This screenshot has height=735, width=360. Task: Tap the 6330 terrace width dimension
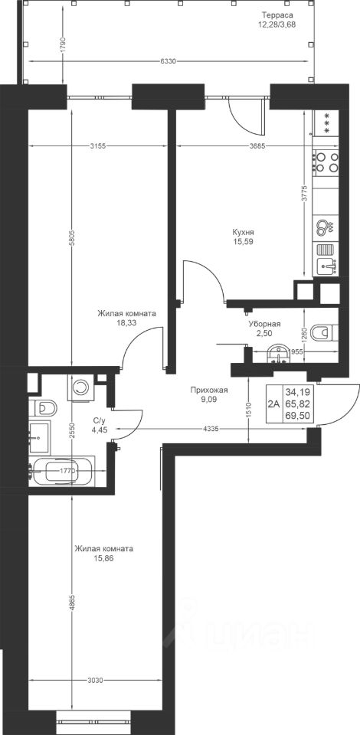tap(168, 61)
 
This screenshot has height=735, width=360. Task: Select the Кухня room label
tap(244, 233)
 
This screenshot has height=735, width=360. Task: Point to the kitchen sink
tap(327, 266)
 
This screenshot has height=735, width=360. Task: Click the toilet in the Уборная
tap(324, 332)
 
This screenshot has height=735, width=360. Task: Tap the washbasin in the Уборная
tap(279, 354)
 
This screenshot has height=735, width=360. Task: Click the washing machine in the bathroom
tap(81, 387)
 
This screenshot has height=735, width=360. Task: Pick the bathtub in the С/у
tap(62, 469)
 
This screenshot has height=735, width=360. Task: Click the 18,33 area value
tap(126, 322)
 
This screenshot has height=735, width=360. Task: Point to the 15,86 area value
tap(103, 558)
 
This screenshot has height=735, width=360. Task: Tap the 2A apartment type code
tap(273, 403)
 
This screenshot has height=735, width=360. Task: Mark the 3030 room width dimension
tap(95, 680)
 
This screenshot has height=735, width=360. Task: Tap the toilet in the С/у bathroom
tap(43, 408)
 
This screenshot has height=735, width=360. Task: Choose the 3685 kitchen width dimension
tap(258, 145)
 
